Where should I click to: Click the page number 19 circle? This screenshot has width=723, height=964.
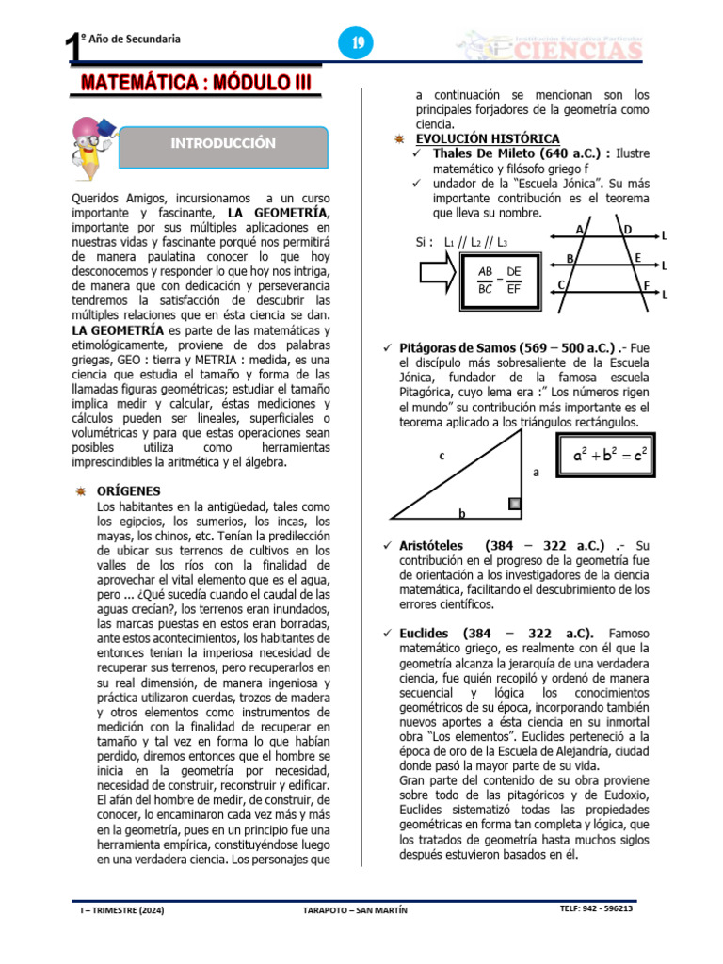358,43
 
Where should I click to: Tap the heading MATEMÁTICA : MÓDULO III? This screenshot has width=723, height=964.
195,82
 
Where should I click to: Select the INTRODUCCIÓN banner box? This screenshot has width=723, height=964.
223,144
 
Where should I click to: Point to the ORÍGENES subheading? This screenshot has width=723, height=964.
129,490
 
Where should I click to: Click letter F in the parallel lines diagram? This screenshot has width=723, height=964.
646,284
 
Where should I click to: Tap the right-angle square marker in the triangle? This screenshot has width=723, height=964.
514,505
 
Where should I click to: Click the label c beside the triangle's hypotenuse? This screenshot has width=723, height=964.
441,457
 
